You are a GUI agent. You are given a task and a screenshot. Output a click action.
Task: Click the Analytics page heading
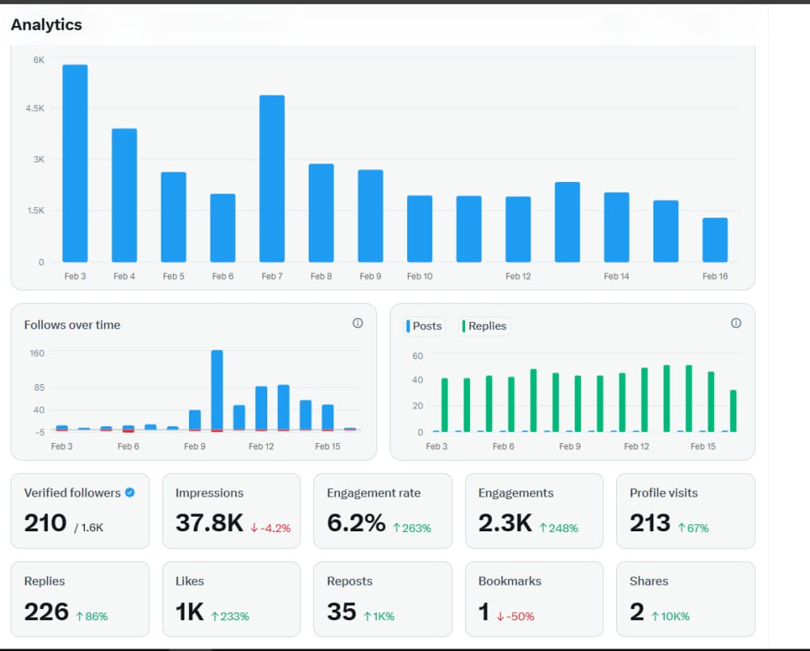point(47,24)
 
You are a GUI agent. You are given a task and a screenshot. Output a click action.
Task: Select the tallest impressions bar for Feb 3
point(75,163)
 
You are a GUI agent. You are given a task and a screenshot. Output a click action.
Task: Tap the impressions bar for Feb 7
point(271,179)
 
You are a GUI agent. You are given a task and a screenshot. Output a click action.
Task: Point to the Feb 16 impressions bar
point(715,240)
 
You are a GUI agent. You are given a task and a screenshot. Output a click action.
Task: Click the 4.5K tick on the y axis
point(35,108)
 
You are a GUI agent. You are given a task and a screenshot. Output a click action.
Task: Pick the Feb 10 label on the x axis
point(419,277)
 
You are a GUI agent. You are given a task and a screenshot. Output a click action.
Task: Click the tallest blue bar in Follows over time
point(217,391)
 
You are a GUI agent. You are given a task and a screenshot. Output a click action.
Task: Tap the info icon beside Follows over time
point(358,323)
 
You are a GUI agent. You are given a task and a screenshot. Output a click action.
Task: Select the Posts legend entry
point(424,326)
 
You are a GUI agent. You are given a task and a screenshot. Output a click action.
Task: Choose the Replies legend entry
point(484,326)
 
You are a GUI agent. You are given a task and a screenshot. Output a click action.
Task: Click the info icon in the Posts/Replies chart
point(737,323)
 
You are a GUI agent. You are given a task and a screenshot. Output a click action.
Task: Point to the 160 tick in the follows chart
point(37,353)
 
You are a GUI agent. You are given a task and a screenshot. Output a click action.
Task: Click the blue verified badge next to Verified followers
point(130,492)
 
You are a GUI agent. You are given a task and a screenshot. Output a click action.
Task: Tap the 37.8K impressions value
point(209,522)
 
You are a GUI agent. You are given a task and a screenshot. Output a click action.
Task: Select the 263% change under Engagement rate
point(412,528)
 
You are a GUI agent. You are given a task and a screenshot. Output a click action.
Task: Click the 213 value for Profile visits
point(650,522)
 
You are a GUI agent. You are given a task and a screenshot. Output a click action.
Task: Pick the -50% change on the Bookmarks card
point(515,616)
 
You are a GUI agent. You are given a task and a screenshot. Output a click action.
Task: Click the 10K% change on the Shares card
point(670,616)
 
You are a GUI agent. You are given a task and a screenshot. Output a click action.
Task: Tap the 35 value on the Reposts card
point(342,611)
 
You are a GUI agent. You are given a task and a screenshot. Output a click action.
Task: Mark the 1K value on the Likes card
point(190,611)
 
